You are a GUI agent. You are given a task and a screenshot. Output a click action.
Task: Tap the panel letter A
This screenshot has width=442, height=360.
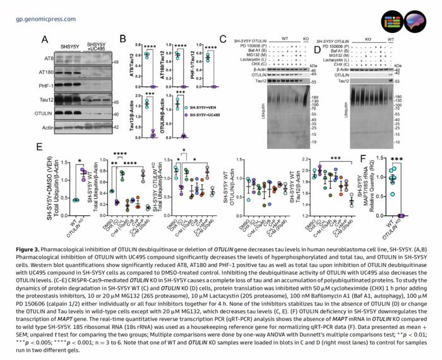[45, 39]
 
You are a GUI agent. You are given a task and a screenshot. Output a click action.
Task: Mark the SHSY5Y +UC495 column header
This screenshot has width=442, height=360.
[95, 47]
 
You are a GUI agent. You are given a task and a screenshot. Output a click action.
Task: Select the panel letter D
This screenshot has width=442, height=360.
[318, 47]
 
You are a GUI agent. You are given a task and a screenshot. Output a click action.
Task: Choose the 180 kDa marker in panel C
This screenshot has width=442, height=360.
[314, 97]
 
